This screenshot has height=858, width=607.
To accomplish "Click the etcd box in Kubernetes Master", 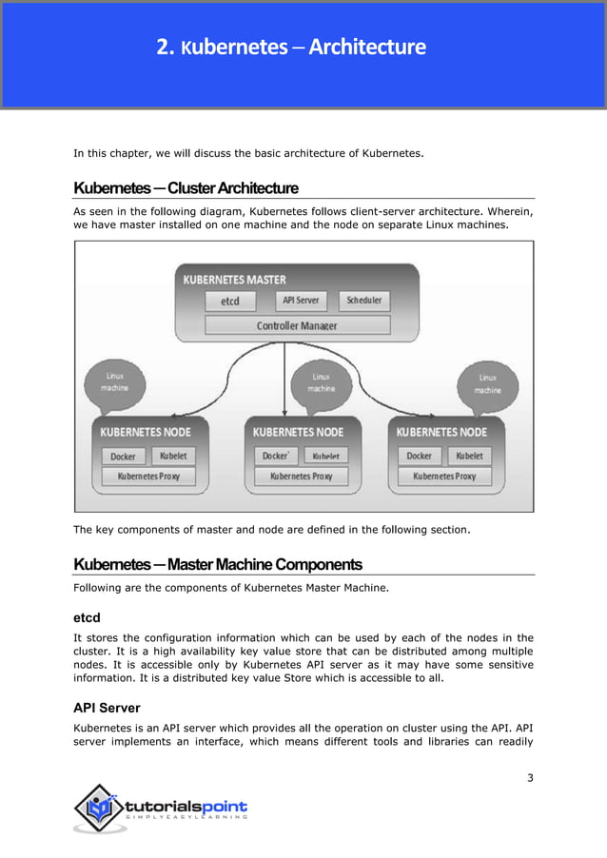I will click(230, 302).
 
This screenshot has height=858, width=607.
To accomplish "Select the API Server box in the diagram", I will click(300, 301).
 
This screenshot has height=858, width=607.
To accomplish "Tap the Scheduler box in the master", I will click(362, 301).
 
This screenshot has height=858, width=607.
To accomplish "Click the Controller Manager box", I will click(297, 325).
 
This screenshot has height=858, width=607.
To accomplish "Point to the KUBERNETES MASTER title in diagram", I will click(234, 280).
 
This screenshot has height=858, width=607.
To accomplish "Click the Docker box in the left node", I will click(123, 456).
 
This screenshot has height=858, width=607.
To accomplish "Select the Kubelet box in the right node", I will click(468, 456).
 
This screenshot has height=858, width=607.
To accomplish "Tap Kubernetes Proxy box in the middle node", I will click(301, 476).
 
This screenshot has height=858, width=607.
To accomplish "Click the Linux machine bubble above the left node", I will click(114, 382).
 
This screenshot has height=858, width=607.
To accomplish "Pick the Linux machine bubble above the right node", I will click(487, 383).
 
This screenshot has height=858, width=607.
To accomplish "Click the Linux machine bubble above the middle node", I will click(321, 382).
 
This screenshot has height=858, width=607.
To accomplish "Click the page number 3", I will click(530, 779).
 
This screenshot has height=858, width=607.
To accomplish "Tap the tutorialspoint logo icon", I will click(96, 809).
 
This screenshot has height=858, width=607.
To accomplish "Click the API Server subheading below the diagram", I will click(107, 708).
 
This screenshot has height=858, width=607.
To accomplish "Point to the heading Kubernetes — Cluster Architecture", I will click(186, 187).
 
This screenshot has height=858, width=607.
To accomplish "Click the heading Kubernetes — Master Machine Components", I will click(218, 564).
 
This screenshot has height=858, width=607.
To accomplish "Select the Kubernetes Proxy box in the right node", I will click(443, 476).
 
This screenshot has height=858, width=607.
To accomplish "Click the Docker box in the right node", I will click(419, 456).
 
